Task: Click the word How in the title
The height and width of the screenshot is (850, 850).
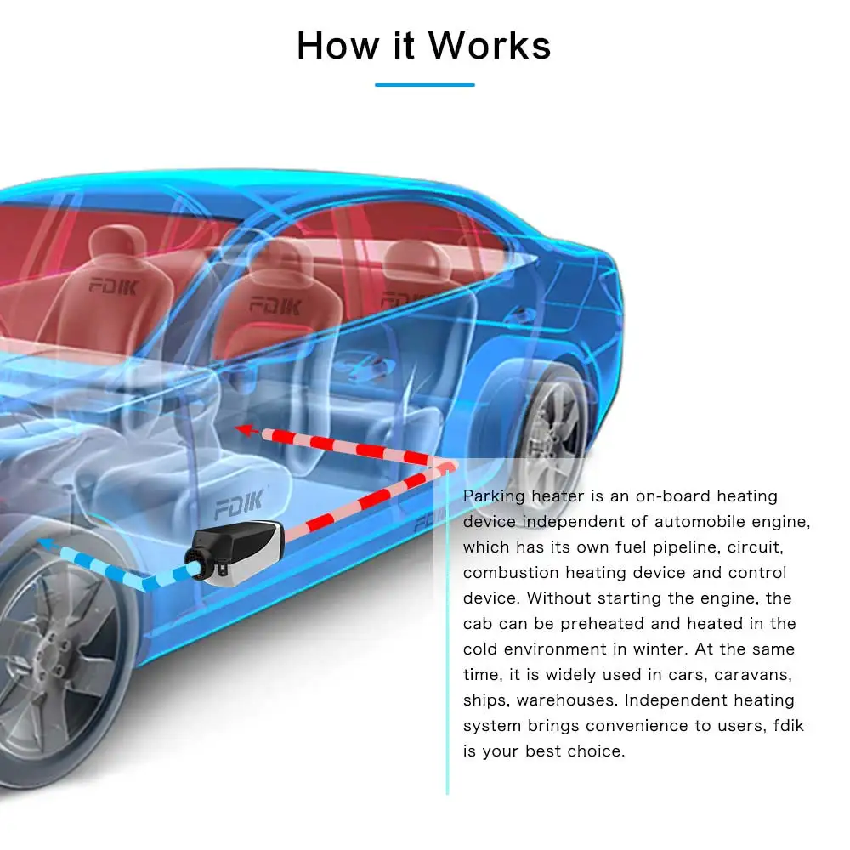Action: point(333,45)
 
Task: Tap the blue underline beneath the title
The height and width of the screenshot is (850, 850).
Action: point(424,85)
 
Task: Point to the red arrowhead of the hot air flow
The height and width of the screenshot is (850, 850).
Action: point(246,430)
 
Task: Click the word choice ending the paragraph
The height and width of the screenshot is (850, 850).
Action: point(597,751)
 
